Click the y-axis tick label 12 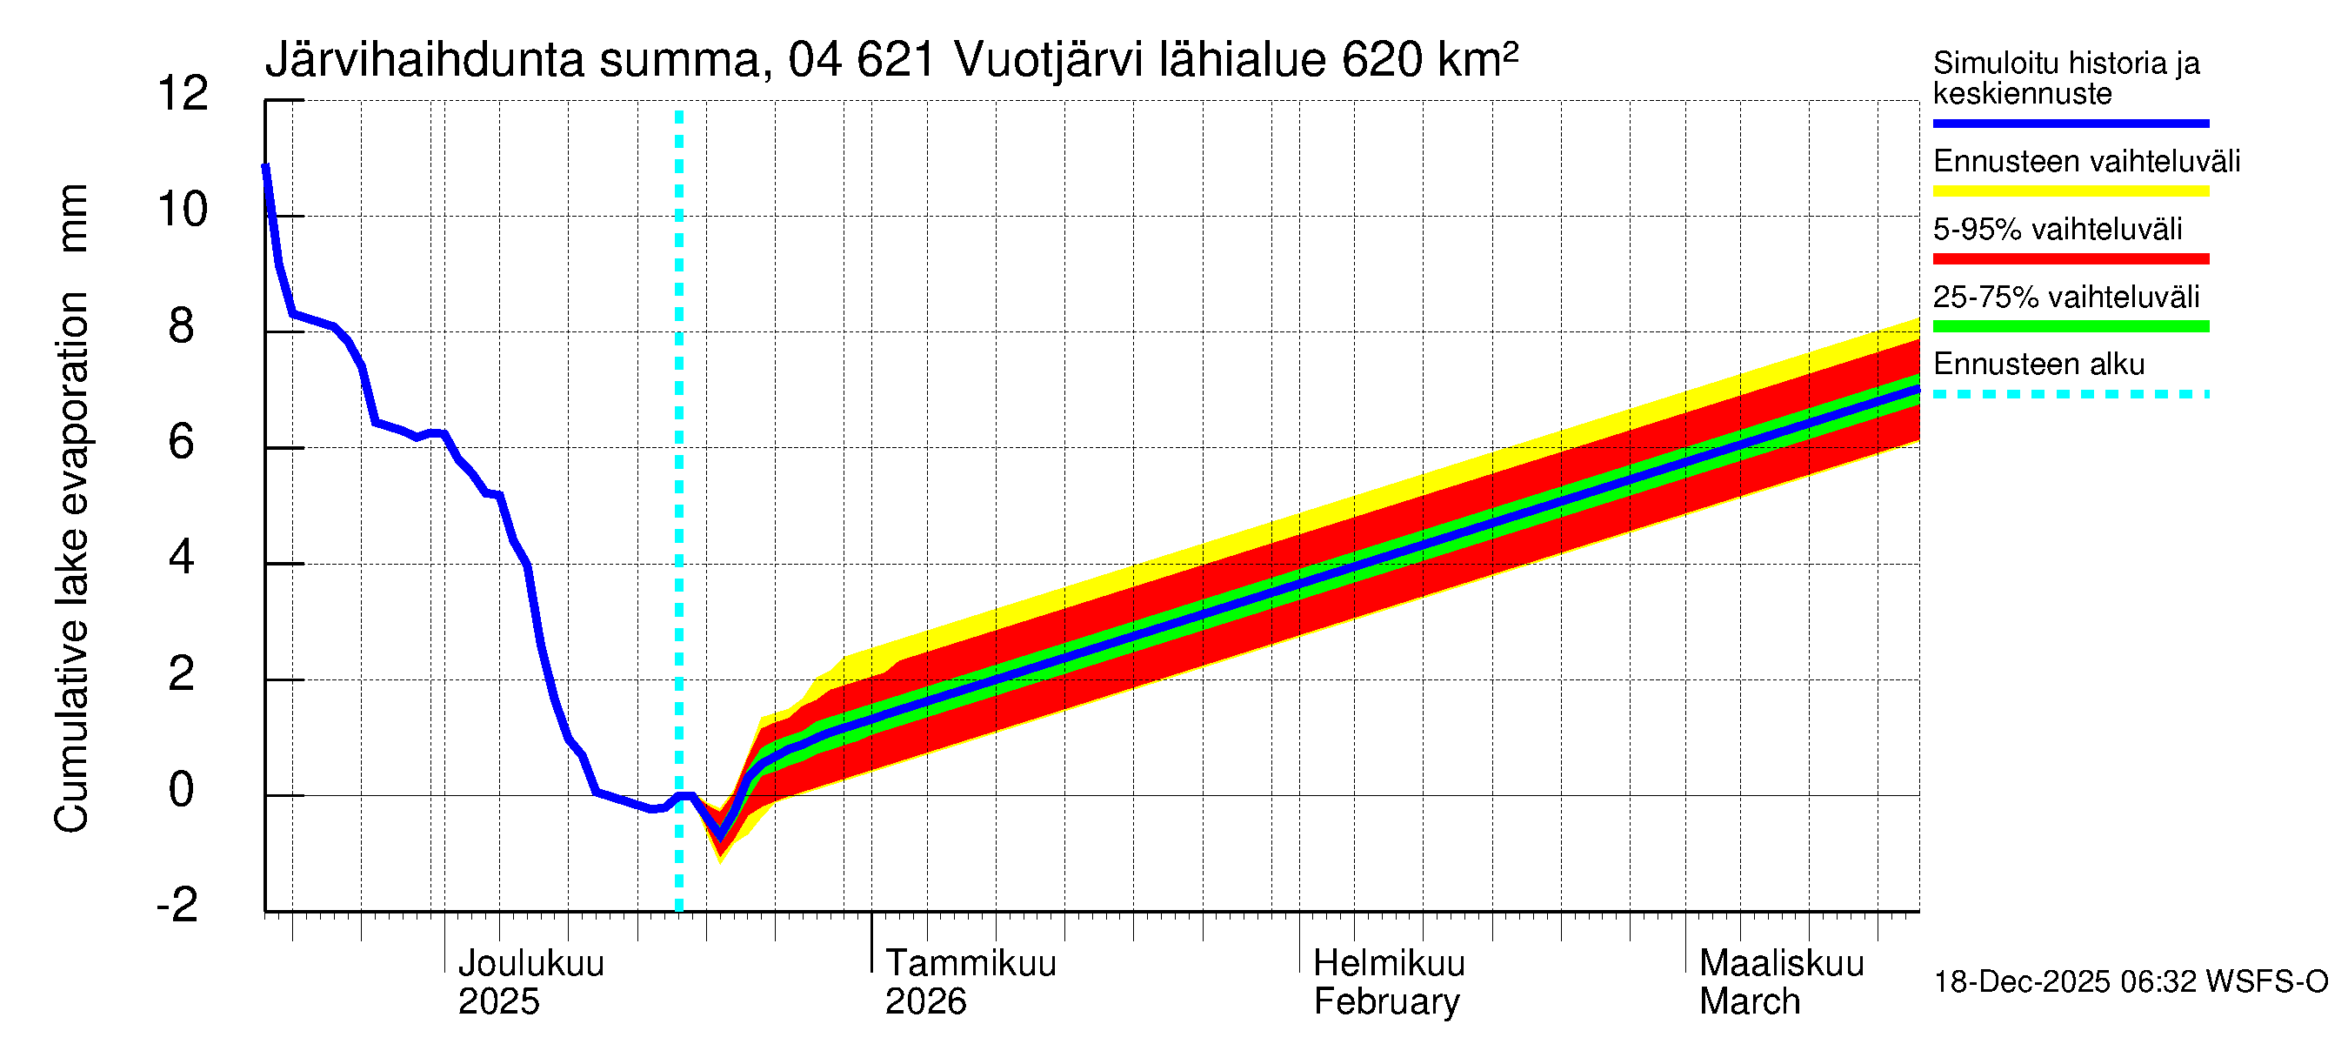tap(183, 94)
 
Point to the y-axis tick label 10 tap(183, 210)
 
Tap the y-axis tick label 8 tap(182, 325)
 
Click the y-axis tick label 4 tap(182, 557)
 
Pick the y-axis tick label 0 tap(182, 790)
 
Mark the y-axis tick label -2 tap(177, 906)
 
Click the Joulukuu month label tap(530, 964)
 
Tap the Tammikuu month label tap(971, 964)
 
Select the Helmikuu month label tap(1388, 964)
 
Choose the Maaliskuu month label tap(1781, 964)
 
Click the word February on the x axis tap(1385, 1002)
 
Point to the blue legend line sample tap(2070, 123)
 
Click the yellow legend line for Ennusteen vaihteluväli tap(2070, 191)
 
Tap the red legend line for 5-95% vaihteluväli tap(2070, 259)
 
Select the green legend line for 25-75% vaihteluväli tap(2070, 326)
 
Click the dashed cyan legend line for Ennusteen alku tap(2070, 395)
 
